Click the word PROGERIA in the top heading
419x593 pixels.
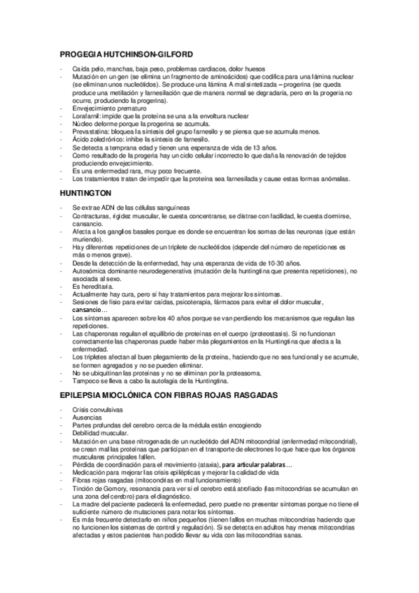[x=82, y=54]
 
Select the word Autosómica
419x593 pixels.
[x=90, y=272]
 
